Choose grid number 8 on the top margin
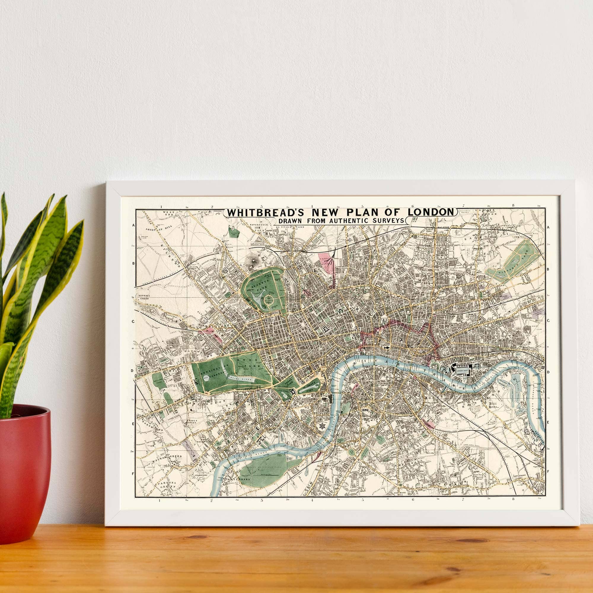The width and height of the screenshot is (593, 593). pos(513,206)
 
